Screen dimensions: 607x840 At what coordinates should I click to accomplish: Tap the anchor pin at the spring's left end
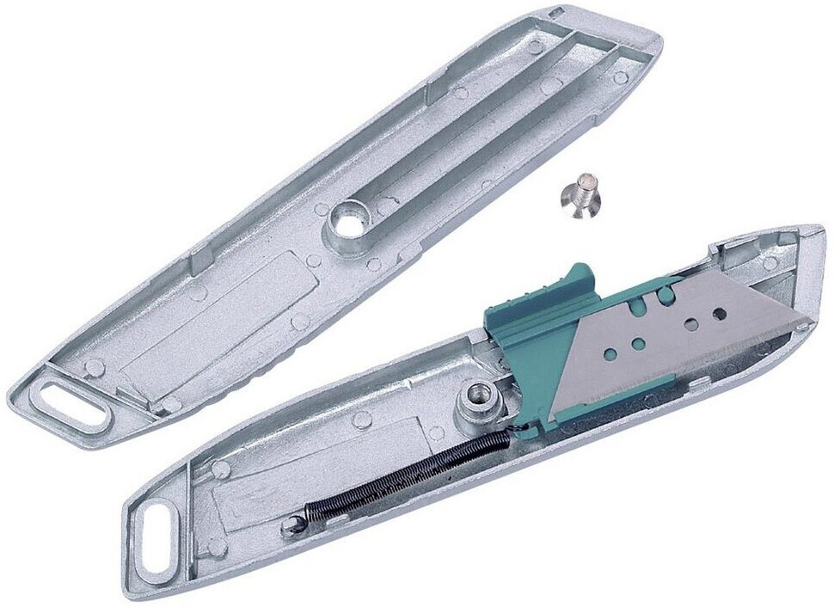(297, 524)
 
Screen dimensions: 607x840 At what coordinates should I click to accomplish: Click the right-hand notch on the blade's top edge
(666, 295)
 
